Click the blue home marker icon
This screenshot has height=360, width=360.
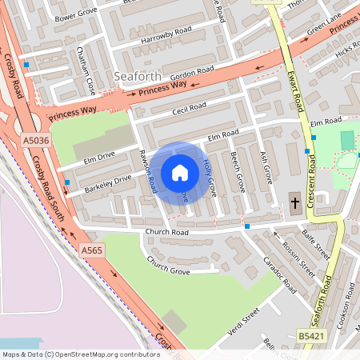(x=180, y=172)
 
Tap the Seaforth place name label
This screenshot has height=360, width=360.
(x=138, y=76)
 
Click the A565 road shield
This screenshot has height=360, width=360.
(x=92, y=250)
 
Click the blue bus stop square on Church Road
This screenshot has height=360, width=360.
(x=247, y=226)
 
